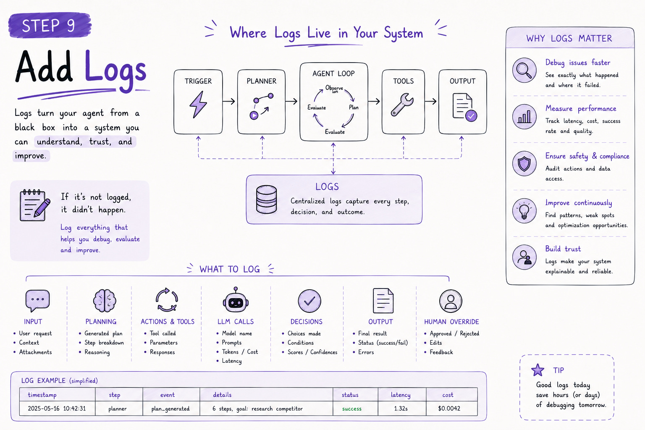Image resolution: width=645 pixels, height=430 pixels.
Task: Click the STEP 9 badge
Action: (x=50, y=25)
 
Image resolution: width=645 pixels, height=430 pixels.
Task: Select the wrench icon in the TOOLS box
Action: (x=402, y=105)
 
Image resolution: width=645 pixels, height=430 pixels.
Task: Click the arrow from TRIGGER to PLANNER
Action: (x=228, y=101)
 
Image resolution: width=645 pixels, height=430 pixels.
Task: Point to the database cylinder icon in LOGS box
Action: (x=266, y=199)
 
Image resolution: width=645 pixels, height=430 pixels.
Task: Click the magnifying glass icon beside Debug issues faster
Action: (x=524, y=70)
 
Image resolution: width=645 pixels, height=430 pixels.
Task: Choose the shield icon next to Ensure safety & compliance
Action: (x=524, y=164)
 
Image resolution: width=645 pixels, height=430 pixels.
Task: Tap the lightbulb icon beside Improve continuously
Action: (x=524, y=211)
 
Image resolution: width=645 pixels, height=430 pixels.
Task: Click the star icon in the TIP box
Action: (x=537, y=370)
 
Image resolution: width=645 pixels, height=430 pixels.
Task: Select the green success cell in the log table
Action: (x=351, y=409)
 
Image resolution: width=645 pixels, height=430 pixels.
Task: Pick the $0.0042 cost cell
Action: (x=449, y=409)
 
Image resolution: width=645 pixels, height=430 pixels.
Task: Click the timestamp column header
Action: (x=42, y=395)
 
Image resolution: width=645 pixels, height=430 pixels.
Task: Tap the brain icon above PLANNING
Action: (x=105, y=301)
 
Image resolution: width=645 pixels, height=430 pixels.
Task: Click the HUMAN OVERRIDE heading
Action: (x=451, y=322)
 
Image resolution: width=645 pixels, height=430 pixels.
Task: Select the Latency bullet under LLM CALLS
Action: (x=231, y=361)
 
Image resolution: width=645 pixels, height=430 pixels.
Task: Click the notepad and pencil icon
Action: (x=34, y=205)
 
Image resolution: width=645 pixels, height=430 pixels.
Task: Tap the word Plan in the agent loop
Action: (x=354, y=107)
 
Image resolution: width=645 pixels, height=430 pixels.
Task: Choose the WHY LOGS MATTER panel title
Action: (x=569, y=38)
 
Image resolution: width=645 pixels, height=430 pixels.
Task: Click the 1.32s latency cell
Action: (x=401, y=409)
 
